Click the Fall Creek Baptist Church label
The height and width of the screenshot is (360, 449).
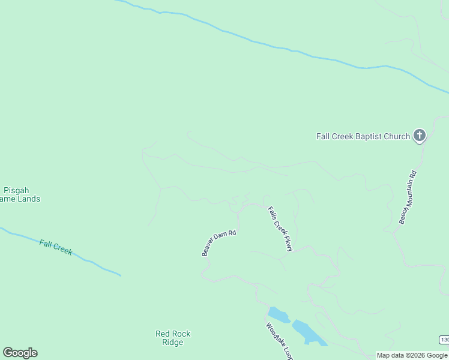point(363,136)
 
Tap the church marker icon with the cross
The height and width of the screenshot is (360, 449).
point(420,136)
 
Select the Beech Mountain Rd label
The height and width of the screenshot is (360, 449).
point(408,197)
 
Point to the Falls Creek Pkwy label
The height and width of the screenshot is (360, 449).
point(280,229)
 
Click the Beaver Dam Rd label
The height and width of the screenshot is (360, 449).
point(219,242)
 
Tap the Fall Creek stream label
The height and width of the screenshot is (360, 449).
point(56,247)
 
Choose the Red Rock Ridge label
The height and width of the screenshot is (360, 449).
point(173,338)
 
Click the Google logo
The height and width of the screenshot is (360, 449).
point(20,353)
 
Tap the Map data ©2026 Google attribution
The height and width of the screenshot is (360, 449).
point(412,355)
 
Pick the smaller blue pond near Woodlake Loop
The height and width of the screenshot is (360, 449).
point(278,314)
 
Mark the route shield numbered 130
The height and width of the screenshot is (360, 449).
point(444,340)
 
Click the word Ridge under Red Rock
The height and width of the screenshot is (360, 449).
point(173,342)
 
